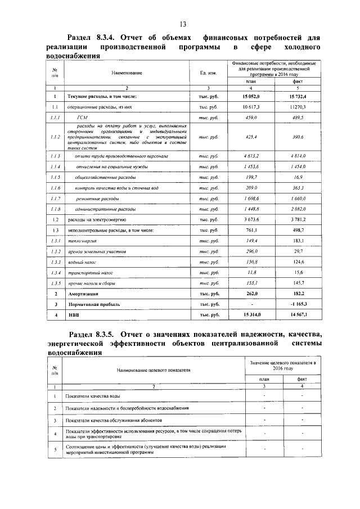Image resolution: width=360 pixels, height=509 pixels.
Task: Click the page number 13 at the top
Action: tap(183, 24)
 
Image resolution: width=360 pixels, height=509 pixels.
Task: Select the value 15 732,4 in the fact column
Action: tap(298, 97)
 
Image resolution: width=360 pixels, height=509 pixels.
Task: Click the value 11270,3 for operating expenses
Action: tap(298, 106)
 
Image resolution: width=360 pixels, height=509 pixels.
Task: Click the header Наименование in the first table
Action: tap(127, 73)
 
